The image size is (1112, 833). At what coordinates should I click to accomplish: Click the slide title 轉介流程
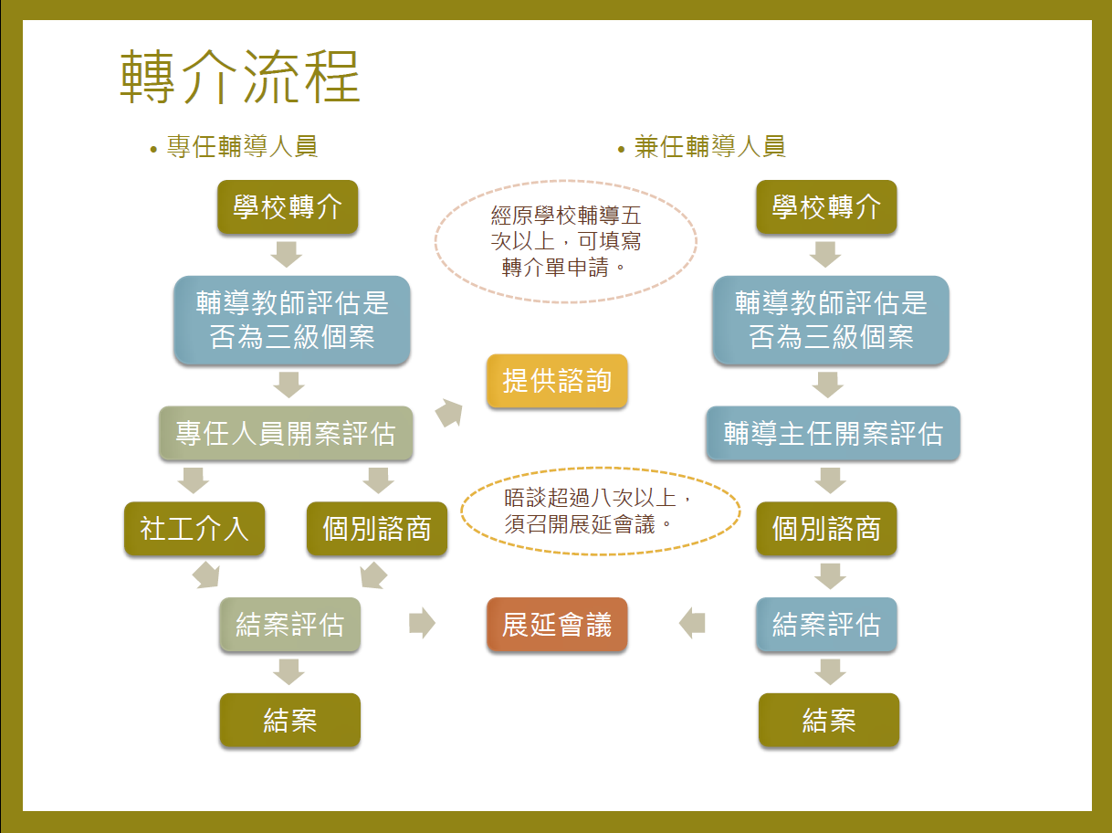pyautogui.click(x=240, y=77)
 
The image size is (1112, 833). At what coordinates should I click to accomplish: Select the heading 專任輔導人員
pyautogui.click(x=242, y=146)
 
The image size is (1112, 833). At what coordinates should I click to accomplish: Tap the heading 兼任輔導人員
pyautogui.click(x=709, y=146)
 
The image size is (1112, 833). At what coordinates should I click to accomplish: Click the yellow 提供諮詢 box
pyautogui.click(x=557, y=381)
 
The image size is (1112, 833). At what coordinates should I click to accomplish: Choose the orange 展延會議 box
pyautogui.click(x=557, y=624)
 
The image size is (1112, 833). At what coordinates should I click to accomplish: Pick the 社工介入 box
pyautogui.click(x=194, y=529)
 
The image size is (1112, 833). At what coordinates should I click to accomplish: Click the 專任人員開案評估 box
pyautogui.click(x=286, y=433)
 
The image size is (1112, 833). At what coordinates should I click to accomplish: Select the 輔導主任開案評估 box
pyautogui.click(x=834, y=433)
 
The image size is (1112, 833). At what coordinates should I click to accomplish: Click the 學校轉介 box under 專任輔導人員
pyautogui.click(x=288, y=206)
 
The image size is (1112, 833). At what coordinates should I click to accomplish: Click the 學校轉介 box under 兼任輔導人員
pyautogui.click(x=827, y=206)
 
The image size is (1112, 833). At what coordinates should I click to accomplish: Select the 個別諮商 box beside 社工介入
pyautogui.click(x=377, y=529)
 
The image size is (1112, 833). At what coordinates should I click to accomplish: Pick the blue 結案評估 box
pyautogui.click(x=827, y=624)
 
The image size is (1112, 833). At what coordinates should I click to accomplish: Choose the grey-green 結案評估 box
pyautogui.click(x=289, y=624)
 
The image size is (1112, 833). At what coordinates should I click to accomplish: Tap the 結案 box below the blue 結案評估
pyautogui.click(x=829, y=720)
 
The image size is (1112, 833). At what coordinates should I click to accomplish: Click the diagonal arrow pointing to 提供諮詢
pyautogui.click(x=449, y=413)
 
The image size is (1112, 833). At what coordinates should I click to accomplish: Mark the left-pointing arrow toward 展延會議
pyautogui.click(x=692, y=623)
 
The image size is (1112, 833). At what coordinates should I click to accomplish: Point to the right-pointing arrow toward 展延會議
pyautogui.click(x=422, y=623)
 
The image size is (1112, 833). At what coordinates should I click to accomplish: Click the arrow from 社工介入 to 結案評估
pyautogui.click(x=206, y=575)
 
